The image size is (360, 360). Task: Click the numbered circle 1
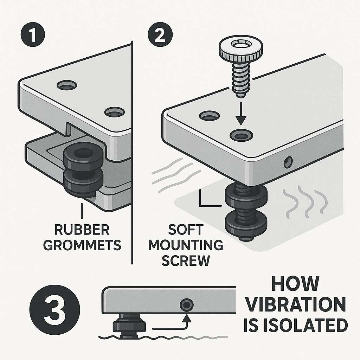[x=33, y=35]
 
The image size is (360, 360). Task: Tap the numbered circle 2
[x=160, y=35]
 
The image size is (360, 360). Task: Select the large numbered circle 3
[x=55, y=310]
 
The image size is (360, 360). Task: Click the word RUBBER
[x=82, y=230]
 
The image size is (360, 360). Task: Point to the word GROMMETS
[x=82, y=245]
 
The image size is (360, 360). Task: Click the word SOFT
[x=186, y=230]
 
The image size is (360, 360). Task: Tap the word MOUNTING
[x=186, y=245]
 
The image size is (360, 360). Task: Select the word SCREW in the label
[x=186, y=261]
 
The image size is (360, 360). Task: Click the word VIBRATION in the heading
[x=295, y=304]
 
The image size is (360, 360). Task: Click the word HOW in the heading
[x=295, y=284]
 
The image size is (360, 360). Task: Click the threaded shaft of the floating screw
[x=240, y=79]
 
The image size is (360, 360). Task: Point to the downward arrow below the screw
[x=240, y=113]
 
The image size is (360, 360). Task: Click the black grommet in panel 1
[x=83, y=169]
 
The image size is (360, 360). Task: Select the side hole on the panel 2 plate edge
[x=288, y=162]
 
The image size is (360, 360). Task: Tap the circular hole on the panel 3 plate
[x=186, y=305]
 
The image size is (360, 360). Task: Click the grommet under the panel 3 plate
[x=129, y=327]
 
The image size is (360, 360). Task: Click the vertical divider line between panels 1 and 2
[x=132, y=153]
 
